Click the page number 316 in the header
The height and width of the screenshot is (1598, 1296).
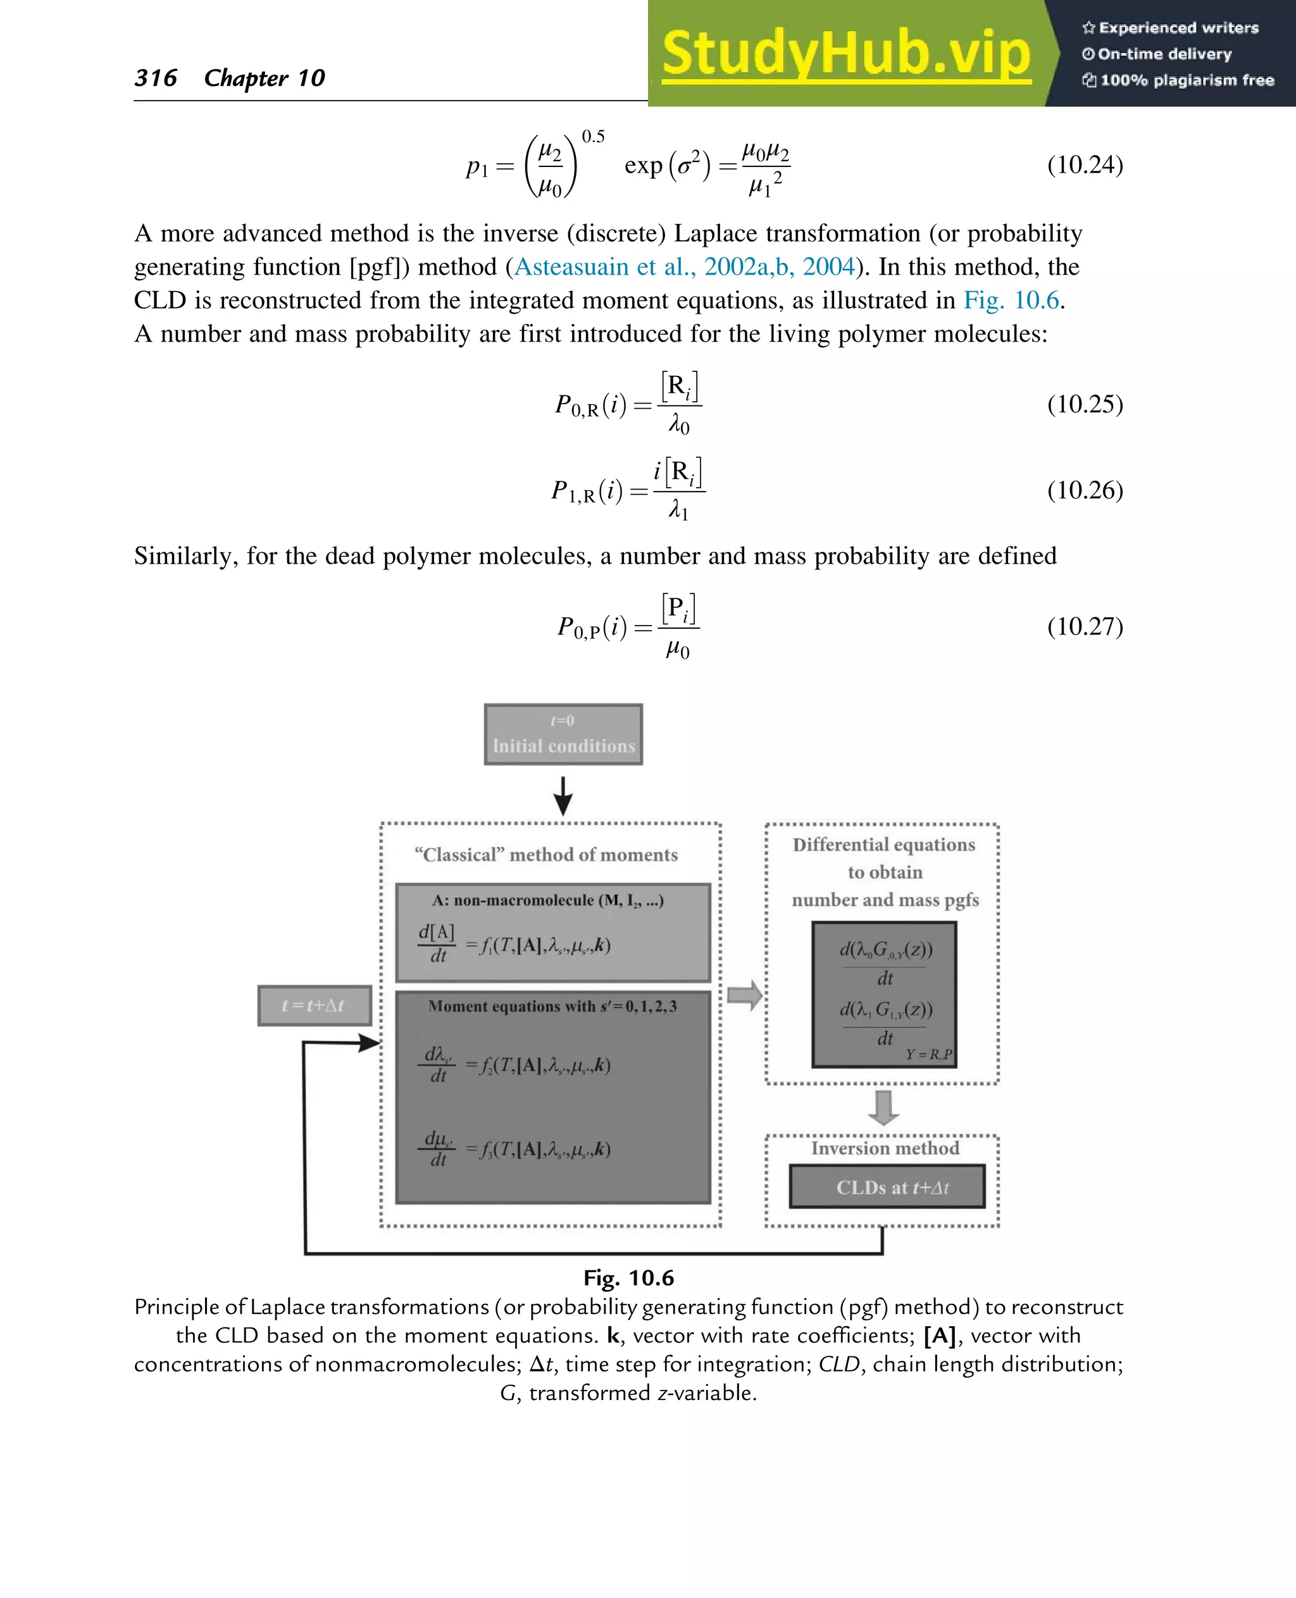point(156,78)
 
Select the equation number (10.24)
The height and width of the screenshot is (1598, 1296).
point(1084,164)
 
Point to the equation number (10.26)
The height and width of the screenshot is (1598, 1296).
point(1084,490)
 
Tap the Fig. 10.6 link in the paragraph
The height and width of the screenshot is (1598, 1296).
point(1011,300)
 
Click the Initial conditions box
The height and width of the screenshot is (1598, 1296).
point(563,734)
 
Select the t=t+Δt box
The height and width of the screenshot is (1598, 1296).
point(313,1005)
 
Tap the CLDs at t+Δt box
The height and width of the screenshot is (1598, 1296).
point(887,1187)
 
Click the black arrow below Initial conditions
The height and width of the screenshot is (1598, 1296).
point(563,796)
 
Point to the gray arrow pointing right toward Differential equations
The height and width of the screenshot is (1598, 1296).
point(744,995)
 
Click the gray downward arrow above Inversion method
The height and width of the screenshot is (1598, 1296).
point(883,1108)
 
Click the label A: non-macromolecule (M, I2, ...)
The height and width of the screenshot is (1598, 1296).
point(547,900)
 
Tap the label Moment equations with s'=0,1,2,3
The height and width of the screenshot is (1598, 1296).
point(552,1006)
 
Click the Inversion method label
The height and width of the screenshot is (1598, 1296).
point(885,1148)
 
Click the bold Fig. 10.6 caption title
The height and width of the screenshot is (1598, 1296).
point(628,1278)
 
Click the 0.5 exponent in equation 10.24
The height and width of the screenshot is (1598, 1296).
point(593,137)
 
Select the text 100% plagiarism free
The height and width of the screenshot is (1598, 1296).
point(1187,80)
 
